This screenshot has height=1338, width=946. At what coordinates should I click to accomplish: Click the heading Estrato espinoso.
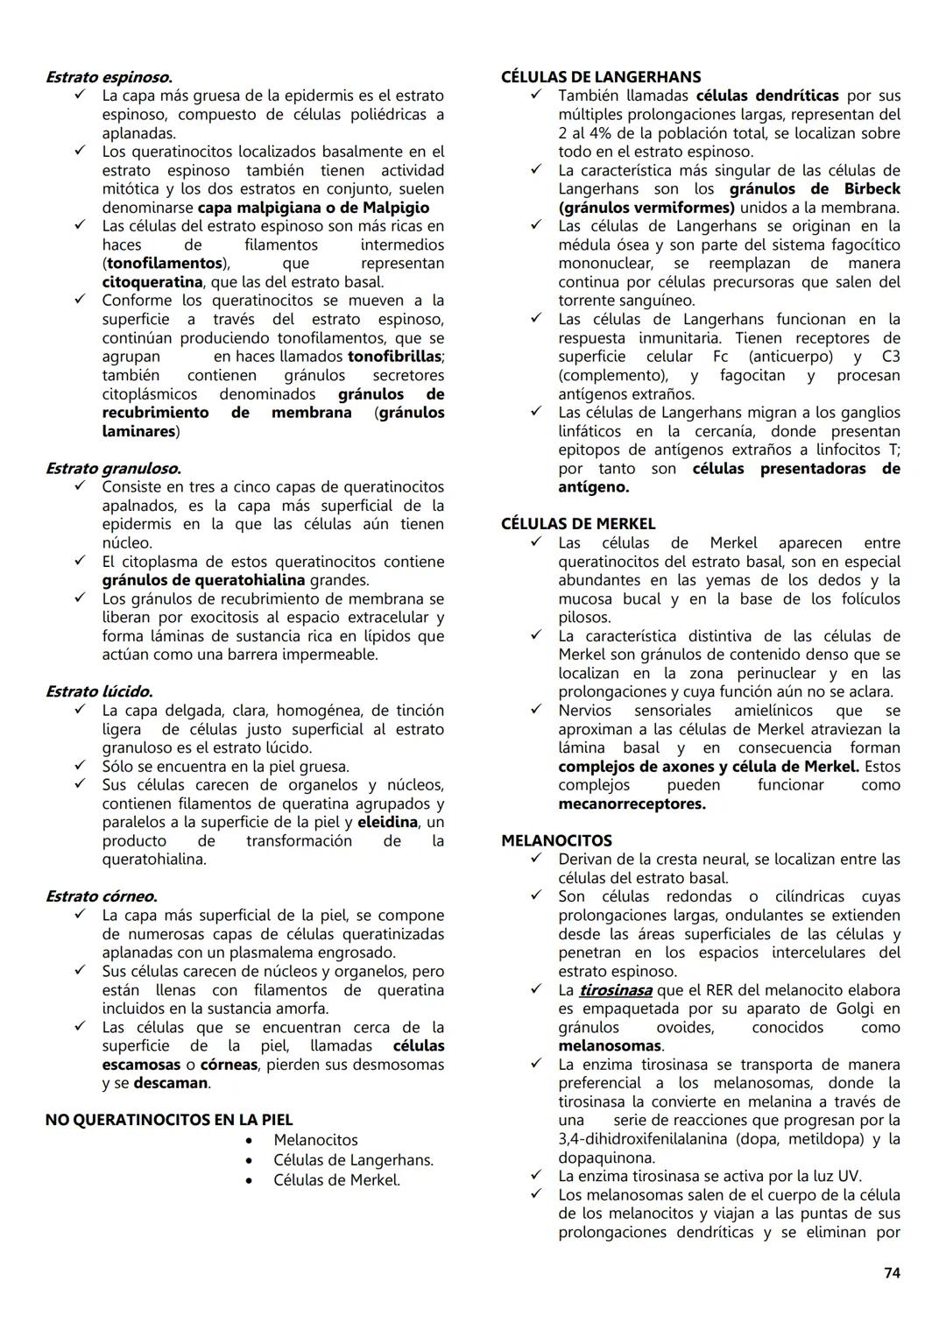click(x=109, y=77)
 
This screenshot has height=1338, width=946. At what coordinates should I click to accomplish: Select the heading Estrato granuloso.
click(x=113, y=469)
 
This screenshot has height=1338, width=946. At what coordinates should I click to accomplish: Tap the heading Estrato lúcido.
click(x=99, y=692)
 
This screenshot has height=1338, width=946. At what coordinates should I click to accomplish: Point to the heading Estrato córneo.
click(x=102, y=896)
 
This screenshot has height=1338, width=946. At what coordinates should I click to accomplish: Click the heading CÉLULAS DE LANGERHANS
click(x=601, y=77)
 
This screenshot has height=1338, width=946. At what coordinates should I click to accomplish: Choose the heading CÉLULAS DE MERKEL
click(x=578, y=524)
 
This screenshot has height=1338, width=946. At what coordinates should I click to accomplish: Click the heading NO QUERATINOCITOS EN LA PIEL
click(x=169, y=1120)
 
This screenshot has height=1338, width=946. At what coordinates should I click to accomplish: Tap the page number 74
click(x=892, y=1273)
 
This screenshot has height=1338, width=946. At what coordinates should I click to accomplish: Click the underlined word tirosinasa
click(x=615, y=990)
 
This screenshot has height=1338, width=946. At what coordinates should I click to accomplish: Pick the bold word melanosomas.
click(x=610, y=1046)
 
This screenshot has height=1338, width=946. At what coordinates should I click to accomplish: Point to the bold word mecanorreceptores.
click(x=631, y=804)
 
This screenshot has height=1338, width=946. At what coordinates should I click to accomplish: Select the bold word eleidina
click(x=387, y=822)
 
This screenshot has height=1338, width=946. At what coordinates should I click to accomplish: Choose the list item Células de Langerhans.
click(x=353, y=1160)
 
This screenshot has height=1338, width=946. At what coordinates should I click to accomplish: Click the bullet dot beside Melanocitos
click(x=251, y=1140)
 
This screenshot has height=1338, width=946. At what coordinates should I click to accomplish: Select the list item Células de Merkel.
click(x=336, y=1180)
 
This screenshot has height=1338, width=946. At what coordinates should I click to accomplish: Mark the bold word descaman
click(x=171, y=1083)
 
